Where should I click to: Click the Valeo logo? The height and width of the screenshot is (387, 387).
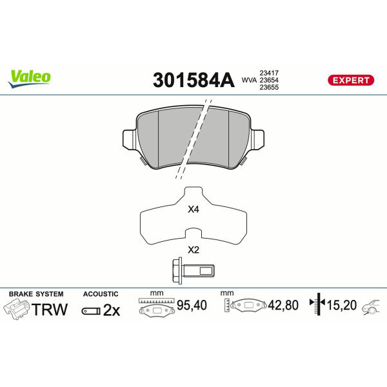(x=30, y=79)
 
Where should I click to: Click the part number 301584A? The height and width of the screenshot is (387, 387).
(x=193, y=80)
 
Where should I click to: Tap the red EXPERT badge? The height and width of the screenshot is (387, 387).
(x=351, y=80)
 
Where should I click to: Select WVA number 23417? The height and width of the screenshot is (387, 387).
(x=269, y=73)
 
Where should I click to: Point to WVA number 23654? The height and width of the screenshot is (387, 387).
(x=269, y=80)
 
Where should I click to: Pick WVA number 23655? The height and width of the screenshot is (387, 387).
(x=269, y=87)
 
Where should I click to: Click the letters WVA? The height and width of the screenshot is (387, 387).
(x=249, y=80)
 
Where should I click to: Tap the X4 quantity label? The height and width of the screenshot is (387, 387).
(x=193, y=209)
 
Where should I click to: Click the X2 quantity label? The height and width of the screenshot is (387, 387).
(x=193, y=250)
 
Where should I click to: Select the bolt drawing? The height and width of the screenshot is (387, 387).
(x=193, y=270)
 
